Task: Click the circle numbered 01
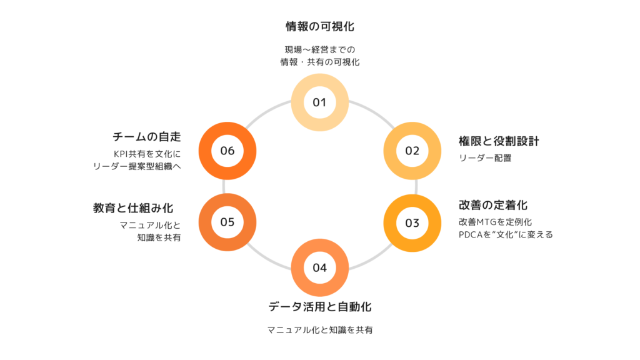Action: pos(319,102)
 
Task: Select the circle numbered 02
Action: pos(412,151)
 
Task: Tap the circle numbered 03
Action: pos(412,223)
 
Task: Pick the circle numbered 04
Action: pos(319,268)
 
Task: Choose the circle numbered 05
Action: pos(227,222)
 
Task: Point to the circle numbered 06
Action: pos(227,151)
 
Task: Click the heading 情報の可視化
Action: pos(319,27)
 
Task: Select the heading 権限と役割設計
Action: pos(498,141)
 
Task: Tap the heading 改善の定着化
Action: pos(494,206)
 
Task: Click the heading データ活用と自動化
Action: pos(320,307)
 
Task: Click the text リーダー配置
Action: pos(485,158)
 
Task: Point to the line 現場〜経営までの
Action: pos(320,49)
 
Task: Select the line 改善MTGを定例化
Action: pos(494,222)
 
